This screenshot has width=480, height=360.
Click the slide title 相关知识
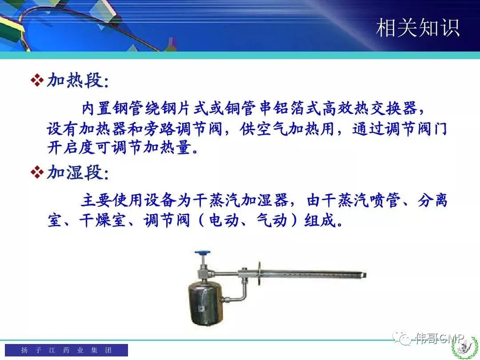coord(417,28)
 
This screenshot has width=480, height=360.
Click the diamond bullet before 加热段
coord(37,80)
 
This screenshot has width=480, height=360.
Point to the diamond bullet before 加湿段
coord(37,172)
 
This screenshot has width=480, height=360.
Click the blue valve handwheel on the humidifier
coord(203,253)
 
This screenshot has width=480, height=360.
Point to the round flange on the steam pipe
coord(259,273)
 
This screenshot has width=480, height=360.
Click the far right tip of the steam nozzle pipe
coord(366,275)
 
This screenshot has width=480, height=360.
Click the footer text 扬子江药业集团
coord(66,350)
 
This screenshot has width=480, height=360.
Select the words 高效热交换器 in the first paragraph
coord(370,108)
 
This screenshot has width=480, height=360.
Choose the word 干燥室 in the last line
coord(103,220)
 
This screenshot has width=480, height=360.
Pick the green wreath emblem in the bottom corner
coord(466,348)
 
